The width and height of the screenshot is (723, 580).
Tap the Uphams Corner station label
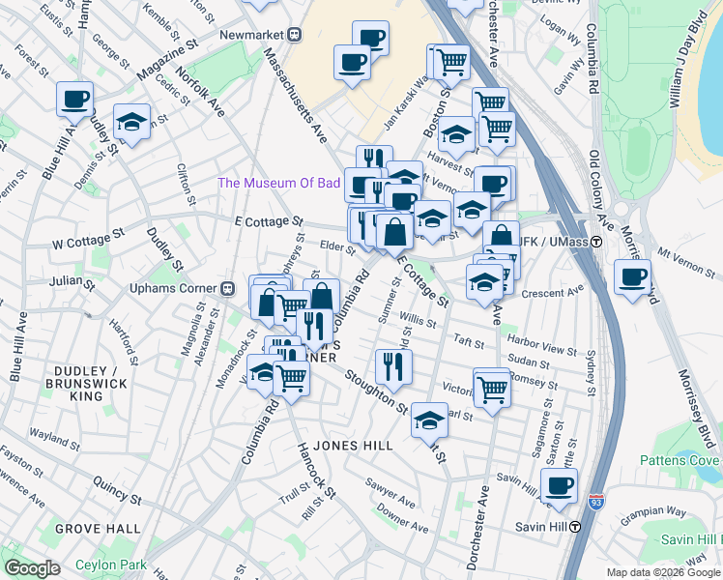point(175,288)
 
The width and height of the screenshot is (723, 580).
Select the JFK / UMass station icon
point(597,241)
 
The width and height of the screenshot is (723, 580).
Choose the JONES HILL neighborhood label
point(351,446)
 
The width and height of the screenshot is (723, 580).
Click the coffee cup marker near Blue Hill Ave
point(74,98)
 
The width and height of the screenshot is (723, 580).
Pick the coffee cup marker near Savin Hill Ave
point(559,486)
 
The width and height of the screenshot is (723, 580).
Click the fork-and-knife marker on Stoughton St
point(393,364)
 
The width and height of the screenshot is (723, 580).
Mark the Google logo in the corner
point(32,568)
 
